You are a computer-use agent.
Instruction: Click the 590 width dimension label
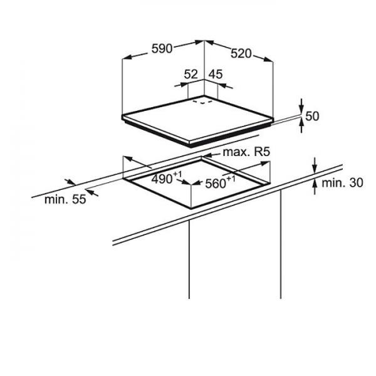(162, 49)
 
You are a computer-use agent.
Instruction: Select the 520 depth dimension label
(241, 54)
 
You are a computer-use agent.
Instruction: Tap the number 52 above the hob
(191, 74)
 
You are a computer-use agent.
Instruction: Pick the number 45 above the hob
(216, 74)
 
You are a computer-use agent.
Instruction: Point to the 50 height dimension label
(313, 117)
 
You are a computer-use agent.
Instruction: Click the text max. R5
(246, 152)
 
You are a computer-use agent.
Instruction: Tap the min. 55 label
(65, 199)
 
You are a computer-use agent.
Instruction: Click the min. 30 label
(342, 183)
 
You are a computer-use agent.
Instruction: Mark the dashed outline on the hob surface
(202, 102)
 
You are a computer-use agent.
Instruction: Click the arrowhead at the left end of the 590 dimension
(127, 57)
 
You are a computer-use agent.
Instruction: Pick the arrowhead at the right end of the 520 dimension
(268, 60)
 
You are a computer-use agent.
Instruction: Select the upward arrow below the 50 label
(301, 125)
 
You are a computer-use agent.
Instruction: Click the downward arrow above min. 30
(315, 165)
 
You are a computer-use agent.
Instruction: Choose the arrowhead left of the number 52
(182, 85)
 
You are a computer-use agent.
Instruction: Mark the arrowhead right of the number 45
(225, 86)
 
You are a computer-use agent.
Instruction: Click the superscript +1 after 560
(231, 179)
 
